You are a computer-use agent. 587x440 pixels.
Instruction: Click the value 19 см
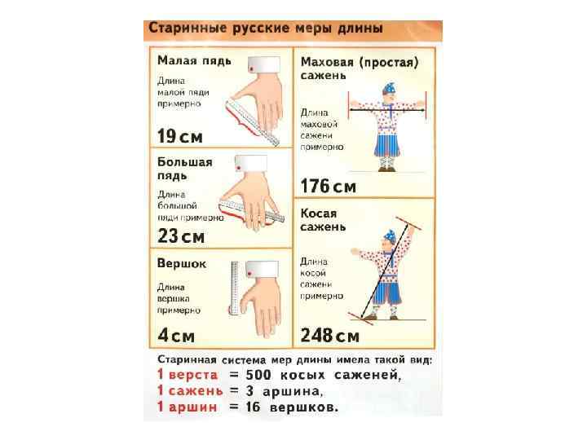point(179,136)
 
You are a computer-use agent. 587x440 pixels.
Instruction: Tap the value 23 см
point(181,236)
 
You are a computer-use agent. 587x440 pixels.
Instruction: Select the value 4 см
point(176,335)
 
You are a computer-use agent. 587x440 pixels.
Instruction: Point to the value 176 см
point(329,186)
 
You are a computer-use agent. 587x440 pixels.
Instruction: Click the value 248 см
point(330,335)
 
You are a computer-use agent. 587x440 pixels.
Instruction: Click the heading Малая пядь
point(194,60)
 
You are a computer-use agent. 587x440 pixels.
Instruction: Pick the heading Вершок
point(182,264)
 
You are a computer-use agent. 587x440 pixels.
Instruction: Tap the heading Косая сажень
point(323,220)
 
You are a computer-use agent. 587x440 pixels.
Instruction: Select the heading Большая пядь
point(185,169)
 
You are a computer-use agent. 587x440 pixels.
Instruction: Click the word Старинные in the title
point(188,29)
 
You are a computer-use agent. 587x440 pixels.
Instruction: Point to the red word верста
point(193,375)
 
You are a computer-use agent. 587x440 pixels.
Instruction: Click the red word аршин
point(192,407)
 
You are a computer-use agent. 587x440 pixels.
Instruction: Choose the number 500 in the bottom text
point(258,375)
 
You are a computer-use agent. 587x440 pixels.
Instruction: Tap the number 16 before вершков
point(253,407)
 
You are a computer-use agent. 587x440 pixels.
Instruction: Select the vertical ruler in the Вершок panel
point(235,288)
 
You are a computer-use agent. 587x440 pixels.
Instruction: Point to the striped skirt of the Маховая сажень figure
point(386,143)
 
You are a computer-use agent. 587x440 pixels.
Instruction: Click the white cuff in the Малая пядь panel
point(264,64)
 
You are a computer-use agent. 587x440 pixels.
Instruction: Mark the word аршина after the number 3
point(293,391)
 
